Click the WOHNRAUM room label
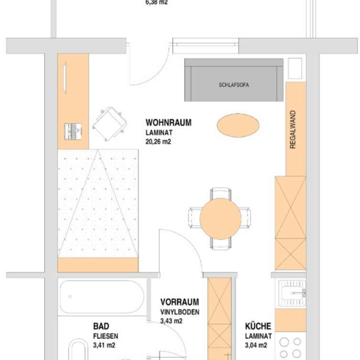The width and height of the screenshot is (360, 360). pyautogui.click(x=168, y=122)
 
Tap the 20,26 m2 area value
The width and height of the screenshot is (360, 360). pyautogui.click(x=158, y=142)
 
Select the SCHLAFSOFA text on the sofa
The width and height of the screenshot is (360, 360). pyautogui.click(x=234, y=85)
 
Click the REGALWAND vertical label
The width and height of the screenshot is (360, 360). pyautogui.click(x=293, y=130)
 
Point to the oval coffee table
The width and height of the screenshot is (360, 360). pyautogui.click(x=238, y=126)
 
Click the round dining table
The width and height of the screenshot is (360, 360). pyautogui.click(x=220, y=219)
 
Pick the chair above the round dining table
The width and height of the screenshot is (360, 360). pyautogui.click(x=220, y=193)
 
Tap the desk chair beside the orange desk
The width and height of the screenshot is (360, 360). pyautogui.click(x=110, y=124)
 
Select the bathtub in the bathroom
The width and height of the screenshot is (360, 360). pyautogui.click(x=102, y=297)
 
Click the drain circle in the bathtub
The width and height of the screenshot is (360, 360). pyautogui.click(x=70, y=297)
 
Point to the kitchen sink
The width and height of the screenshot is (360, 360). pyautogui.click(x=292, y=293)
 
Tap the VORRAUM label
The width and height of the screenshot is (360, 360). pyautogui.click(x=180, y=302)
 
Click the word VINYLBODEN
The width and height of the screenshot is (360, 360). pyautogui.click(x=180, y=312)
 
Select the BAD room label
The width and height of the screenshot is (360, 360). pyautogui.click(x=101, y=326)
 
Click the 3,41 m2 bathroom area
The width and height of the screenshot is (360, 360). pyautogui.click(x=104, y=345)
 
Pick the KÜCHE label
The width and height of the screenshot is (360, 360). pyautogui.click(x=258, y=326)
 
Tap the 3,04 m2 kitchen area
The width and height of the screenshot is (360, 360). pyautogui.click(x=256, y=345)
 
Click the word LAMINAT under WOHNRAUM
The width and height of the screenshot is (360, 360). pyautogui.click(x=159, y=133)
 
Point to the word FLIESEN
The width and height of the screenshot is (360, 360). pyautogui.click(x=106, y=336)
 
